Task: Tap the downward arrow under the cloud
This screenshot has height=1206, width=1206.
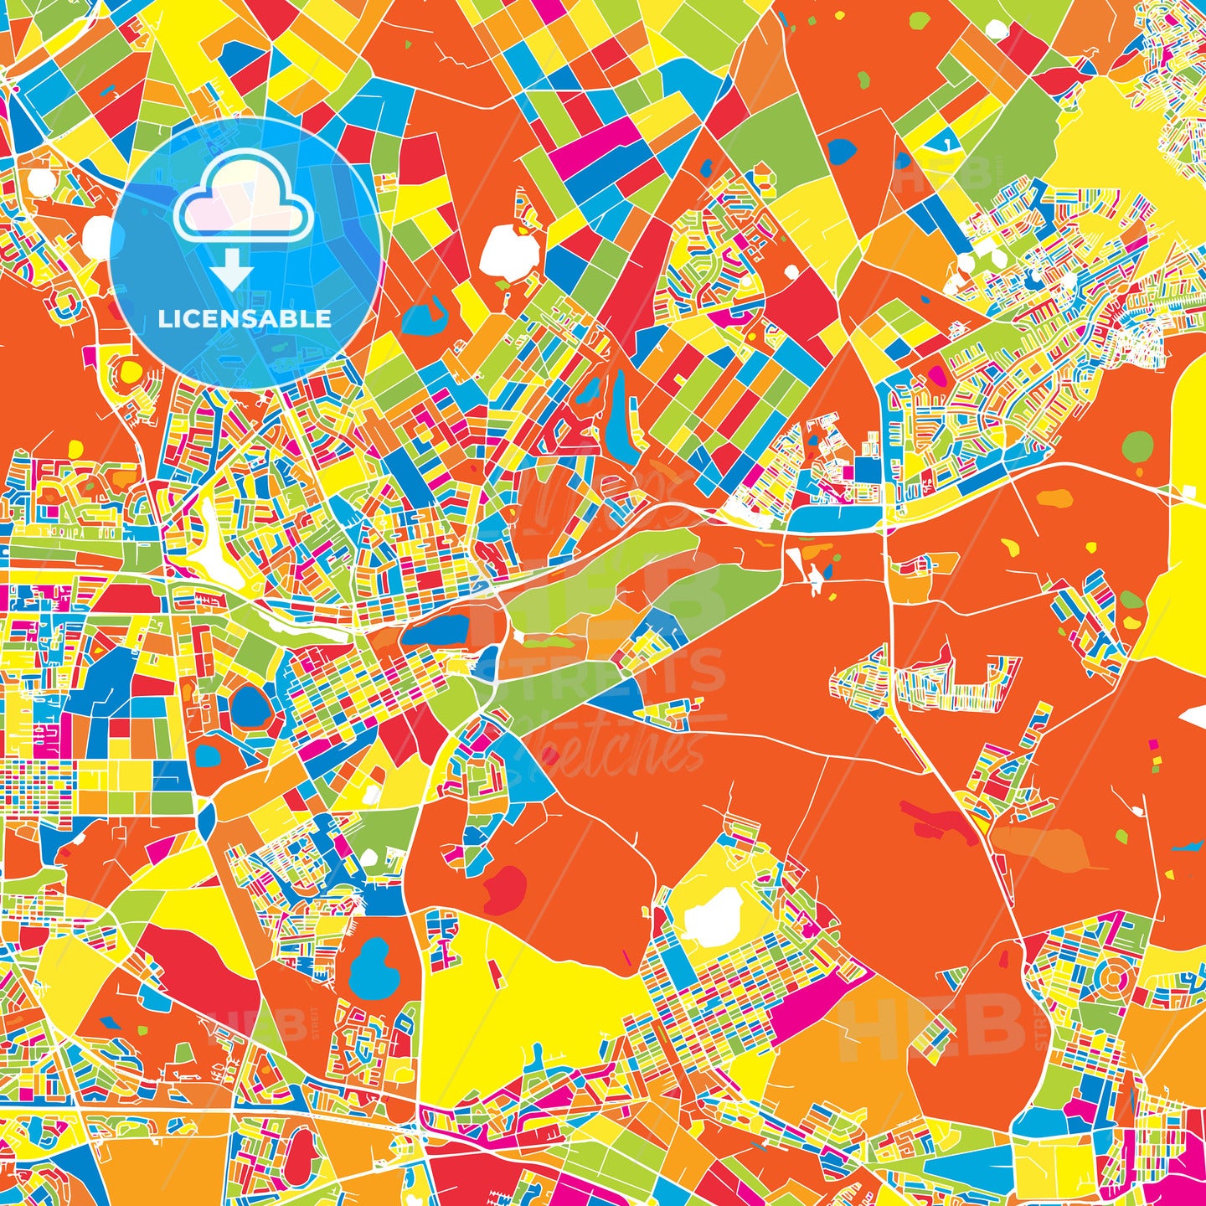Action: point(231,272)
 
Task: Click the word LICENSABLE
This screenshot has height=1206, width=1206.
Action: point(245,319)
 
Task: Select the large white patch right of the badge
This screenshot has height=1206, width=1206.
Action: point(509,250)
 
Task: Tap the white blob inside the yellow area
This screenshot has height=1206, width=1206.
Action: point(713,917)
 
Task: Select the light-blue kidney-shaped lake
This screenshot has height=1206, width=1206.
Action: point(369,967)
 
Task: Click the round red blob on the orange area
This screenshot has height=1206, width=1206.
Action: point(505,889)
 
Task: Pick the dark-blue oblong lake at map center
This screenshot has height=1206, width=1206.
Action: point(435,631)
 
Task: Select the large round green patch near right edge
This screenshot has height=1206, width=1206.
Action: point(1137,446)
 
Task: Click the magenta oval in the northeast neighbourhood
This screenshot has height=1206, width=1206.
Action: point(939,376)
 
